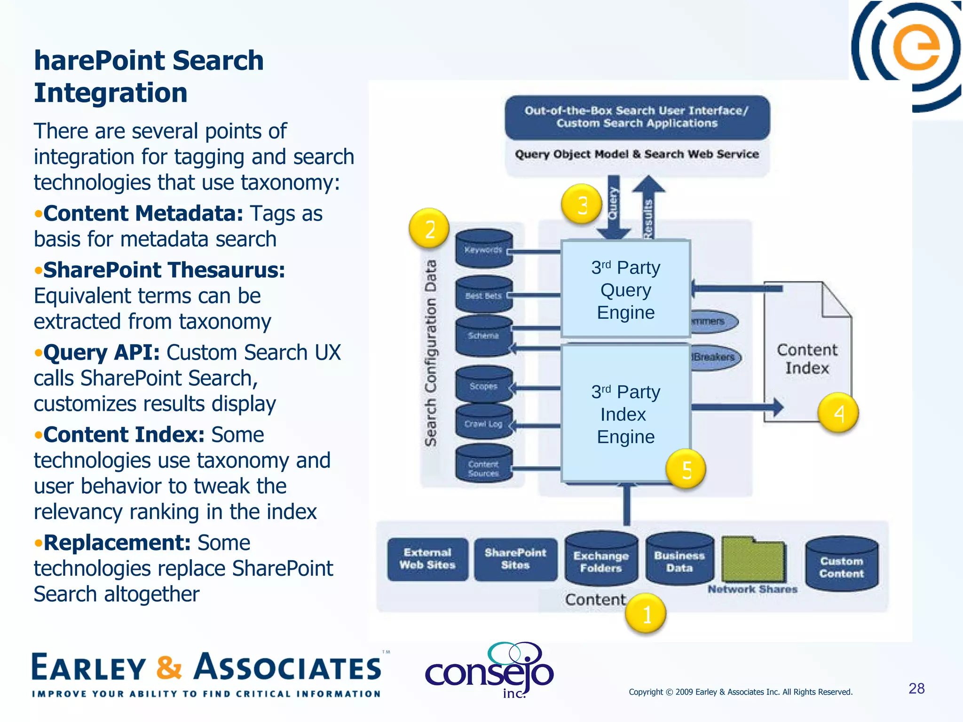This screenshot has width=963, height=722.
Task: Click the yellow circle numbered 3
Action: [x=582, y=204]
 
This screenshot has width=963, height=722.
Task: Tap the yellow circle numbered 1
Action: [x=646, y=614]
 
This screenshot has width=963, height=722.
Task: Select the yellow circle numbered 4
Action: [x=838, y=413]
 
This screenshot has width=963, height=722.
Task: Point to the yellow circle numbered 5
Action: [x=686, y=469]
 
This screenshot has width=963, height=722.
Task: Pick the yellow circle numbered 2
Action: [x=429, y=229]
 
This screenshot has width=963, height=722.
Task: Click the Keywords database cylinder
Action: [x=484, y=249]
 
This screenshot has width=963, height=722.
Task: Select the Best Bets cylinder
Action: [x=484, y=295]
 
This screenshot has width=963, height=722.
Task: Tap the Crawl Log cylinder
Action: [x=484, y=423]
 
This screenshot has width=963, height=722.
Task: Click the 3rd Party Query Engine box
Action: [x=625, y=290]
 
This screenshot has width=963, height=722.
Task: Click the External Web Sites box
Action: [x=427, y=559]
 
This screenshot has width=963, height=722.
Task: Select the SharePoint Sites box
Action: [x=515, y=559]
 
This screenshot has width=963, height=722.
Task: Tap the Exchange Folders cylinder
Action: [x=601, y=560]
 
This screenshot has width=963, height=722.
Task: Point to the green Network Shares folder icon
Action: [x=753, y=559]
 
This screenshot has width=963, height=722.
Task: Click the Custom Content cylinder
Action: [x=841, y=565]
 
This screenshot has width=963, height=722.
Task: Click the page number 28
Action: [x=916, y=688]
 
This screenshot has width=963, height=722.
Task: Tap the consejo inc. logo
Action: [x=490, y=671]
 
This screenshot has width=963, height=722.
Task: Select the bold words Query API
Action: [x=101, y=353]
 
